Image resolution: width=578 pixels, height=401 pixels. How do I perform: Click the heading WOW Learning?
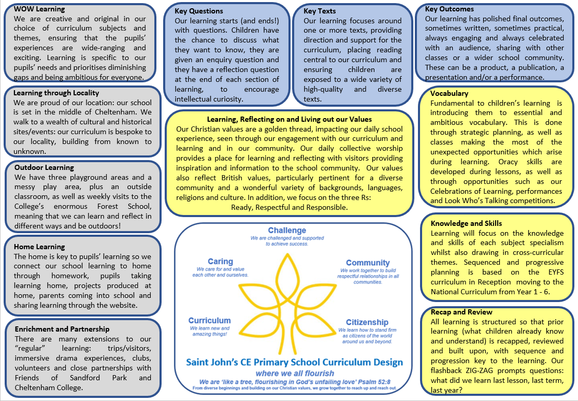39,9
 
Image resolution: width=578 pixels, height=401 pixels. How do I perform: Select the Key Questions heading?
199,11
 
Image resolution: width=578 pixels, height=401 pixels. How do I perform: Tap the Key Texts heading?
320,11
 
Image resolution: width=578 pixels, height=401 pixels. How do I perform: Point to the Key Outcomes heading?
449,9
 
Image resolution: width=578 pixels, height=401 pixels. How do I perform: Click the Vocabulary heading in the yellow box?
449,93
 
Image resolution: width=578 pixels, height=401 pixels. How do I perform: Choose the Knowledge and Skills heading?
466,223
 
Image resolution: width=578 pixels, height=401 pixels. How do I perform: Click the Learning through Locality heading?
56,93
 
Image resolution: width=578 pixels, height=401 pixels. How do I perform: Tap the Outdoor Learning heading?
44,167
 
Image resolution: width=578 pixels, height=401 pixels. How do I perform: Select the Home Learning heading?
39,247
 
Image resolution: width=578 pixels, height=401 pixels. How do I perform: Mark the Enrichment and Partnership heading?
62,329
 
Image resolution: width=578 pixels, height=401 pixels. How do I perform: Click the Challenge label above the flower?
287,231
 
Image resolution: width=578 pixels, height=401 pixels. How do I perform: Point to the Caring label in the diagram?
220,262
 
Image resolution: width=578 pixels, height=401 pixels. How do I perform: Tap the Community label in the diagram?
368,263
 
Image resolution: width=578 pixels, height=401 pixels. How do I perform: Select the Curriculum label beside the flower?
209,320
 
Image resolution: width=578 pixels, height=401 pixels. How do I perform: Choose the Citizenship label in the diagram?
367,322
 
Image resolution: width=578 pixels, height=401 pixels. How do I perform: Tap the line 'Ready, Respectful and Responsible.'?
289,207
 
